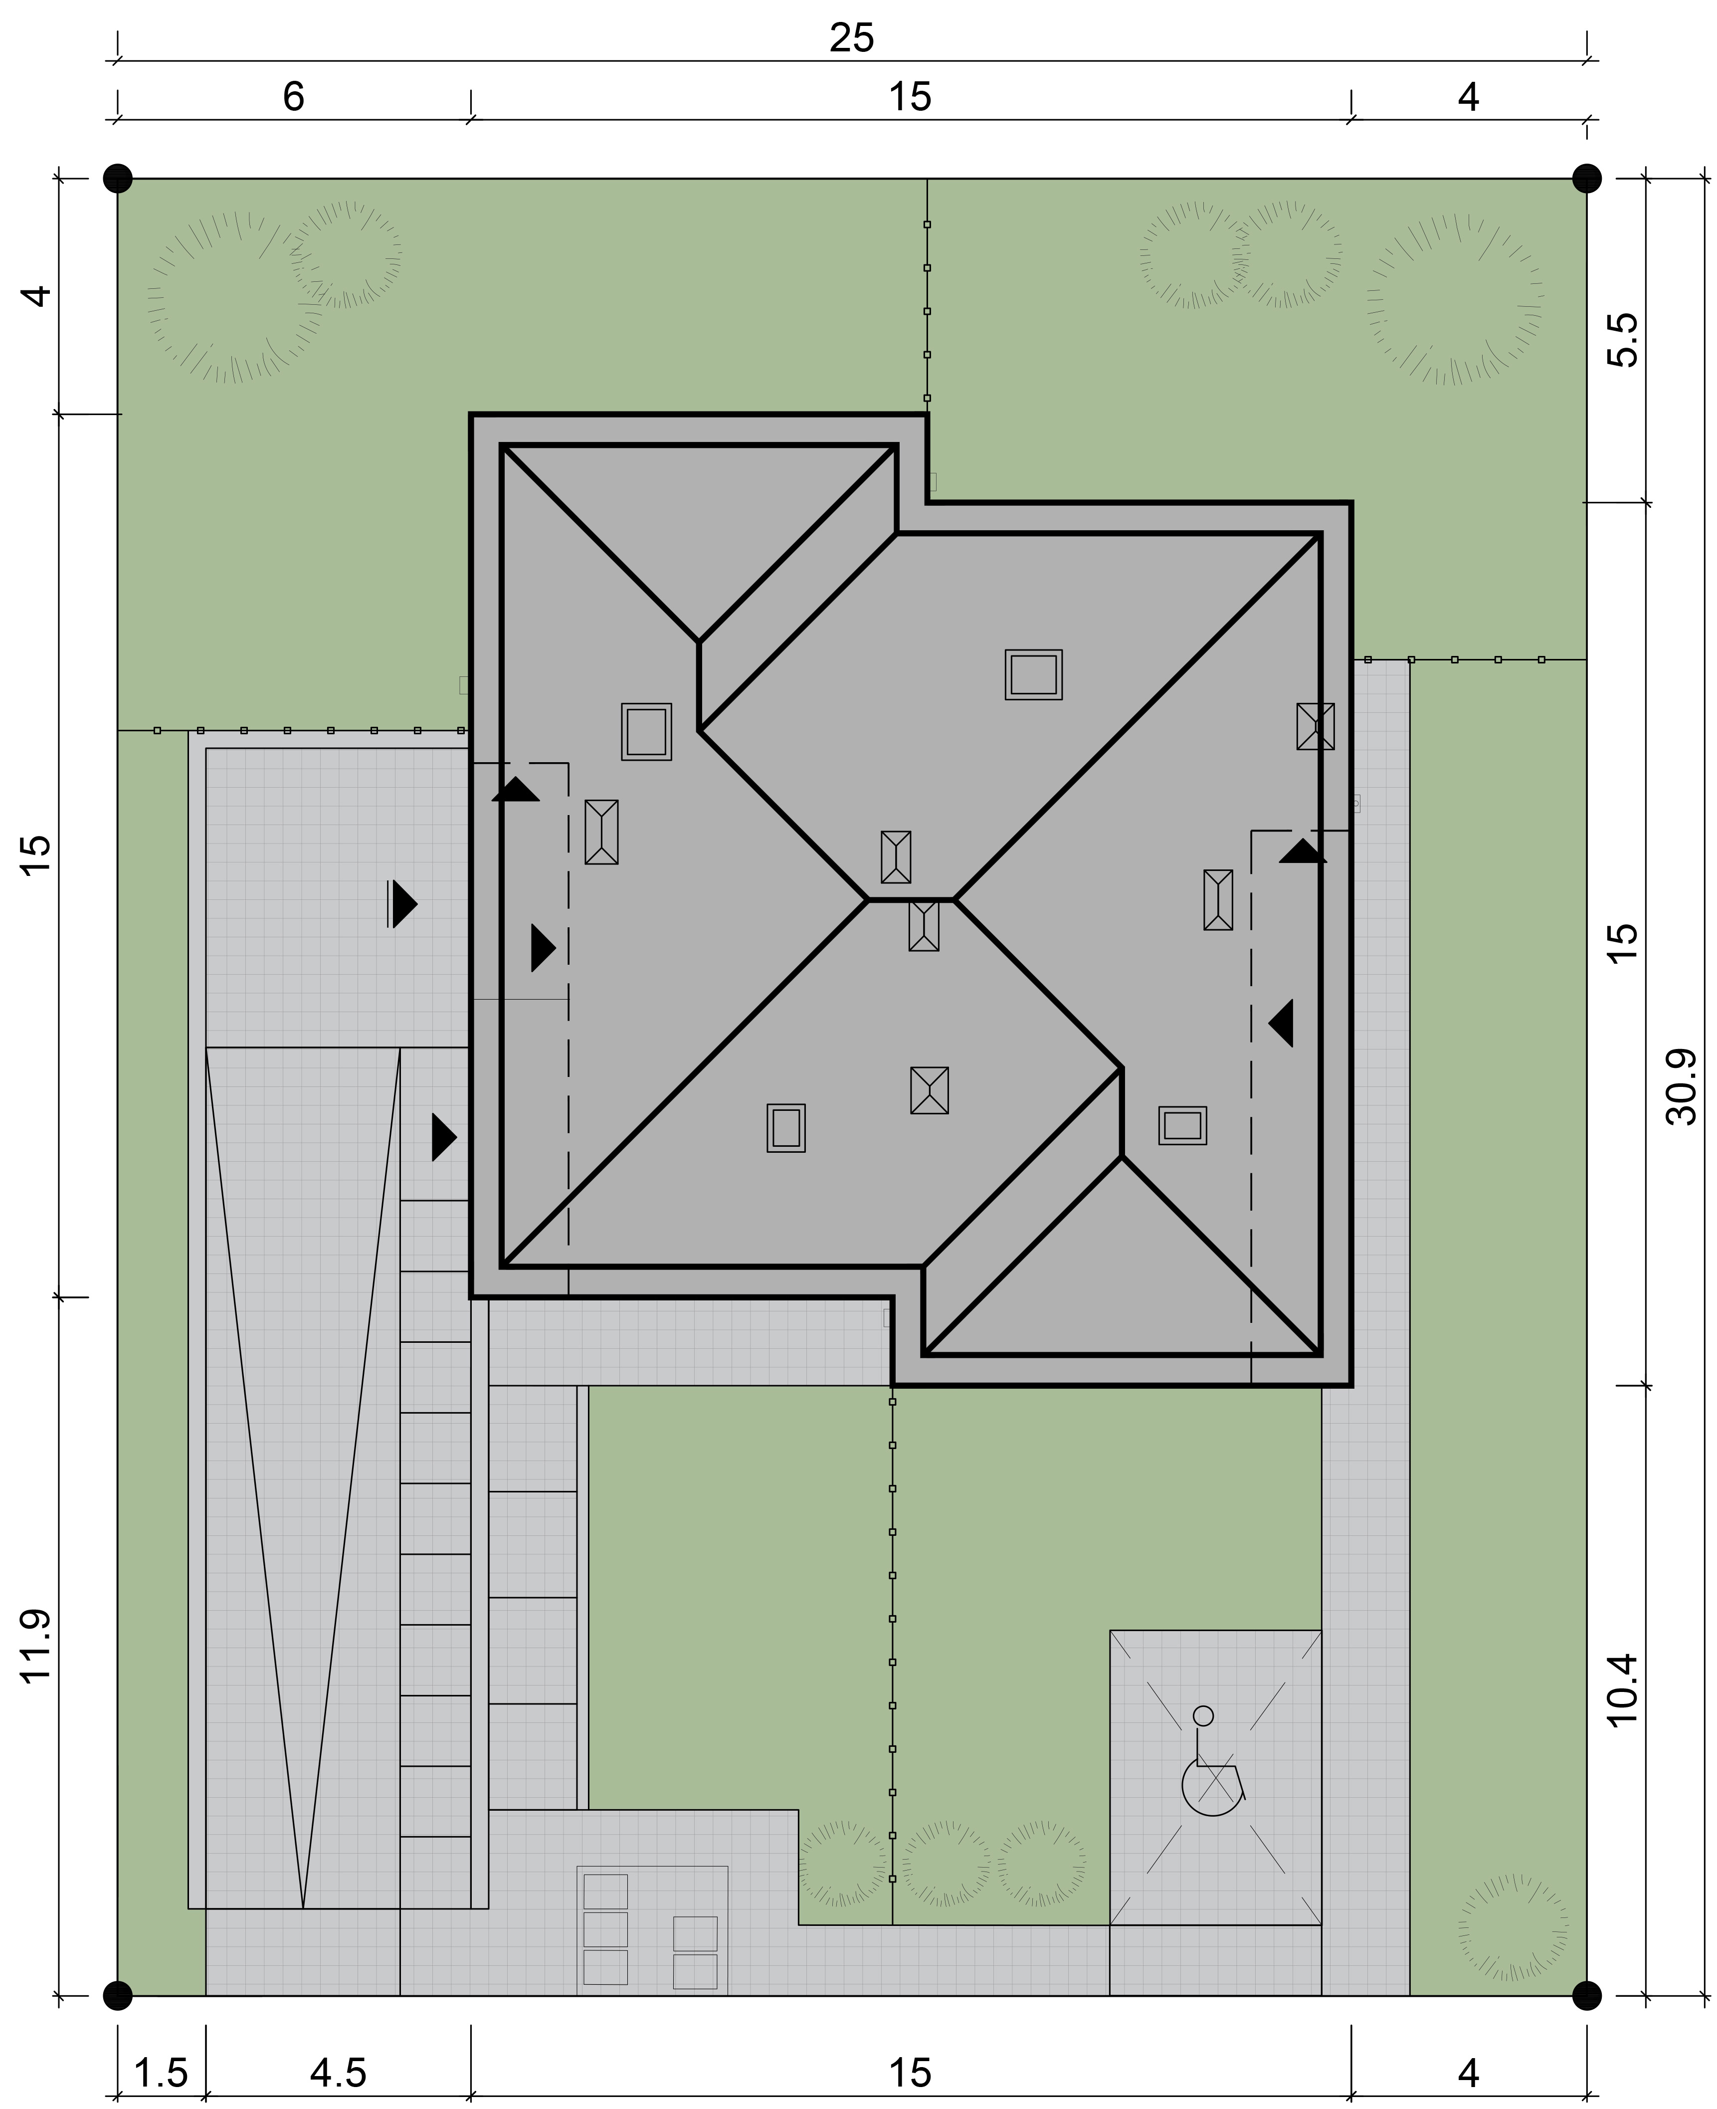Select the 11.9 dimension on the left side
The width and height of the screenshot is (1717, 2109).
35,1647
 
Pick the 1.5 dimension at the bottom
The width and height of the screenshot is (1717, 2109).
160,2046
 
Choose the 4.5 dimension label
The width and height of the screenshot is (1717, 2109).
338,2046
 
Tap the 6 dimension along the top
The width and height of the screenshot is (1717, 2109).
294,97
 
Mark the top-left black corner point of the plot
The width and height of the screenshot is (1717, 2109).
118,178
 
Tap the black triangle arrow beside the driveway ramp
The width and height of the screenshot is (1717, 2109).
444,1138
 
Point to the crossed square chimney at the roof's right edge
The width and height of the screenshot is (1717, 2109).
1316,726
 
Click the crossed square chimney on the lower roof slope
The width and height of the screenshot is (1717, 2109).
929,1090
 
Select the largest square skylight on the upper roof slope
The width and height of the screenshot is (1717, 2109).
1034,674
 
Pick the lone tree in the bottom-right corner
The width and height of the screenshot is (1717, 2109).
1513,1928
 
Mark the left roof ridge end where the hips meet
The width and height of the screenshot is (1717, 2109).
868,900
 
